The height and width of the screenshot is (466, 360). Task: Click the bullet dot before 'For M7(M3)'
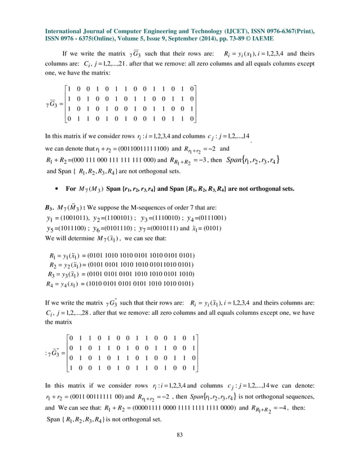click(x=59, y=188)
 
